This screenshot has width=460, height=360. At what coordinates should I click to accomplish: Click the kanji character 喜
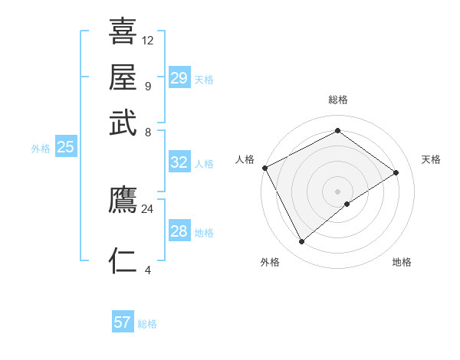[x=123, y=31]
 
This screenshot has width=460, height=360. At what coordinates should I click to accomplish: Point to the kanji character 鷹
[x=123, y=201]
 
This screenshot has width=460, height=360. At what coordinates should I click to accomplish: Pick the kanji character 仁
[x=123, y=261]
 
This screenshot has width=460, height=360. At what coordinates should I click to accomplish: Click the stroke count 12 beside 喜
[x=148, y=40]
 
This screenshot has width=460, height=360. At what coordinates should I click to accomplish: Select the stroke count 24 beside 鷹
[x=148, y=208]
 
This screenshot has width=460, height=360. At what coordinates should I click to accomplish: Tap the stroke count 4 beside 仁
[x=148, y=269]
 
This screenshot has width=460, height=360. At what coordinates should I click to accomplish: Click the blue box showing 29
[x=179, y=78]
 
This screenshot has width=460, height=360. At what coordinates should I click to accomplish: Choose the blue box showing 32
[x=179, y=162]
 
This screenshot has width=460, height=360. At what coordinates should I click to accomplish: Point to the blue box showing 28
[x=179, y=231]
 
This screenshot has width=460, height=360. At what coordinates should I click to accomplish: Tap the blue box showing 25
[x=65, y=147]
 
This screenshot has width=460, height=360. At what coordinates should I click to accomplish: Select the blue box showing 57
[x=123, y=322]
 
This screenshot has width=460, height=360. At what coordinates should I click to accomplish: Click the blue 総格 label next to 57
[x=147, y=324]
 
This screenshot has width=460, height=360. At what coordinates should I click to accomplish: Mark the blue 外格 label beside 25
[x=40, y=149]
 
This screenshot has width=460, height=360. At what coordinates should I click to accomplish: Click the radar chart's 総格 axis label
[x=337, y=100]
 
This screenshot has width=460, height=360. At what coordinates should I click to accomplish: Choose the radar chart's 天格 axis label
[x=431, y=159]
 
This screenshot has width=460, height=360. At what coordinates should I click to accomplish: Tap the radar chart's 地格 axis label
[x=402, y=263]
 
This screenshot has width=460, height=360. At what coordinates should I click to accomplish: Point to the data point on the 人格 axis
[x=264, y=168]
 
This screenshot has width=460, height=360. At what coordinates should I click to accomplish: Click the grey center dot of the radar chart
[x=337, y=191]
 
